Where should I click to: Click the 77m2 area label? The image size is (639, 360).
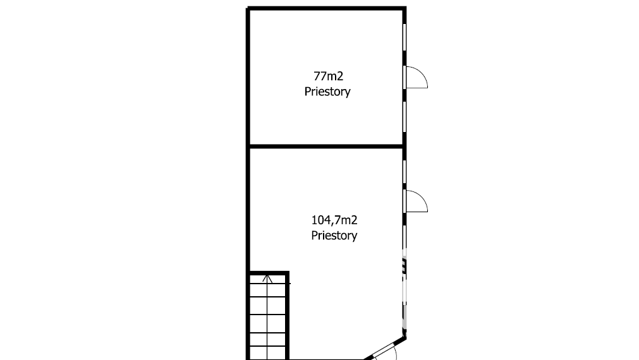(x=329, y=76)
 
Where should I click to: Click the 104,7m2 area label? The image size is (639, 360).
(x=334, y=220)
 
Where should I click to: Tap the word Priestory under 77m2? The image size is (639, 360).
(x=327, y=92)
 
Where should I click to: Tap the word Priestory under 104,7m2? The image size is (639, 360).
(x=334, y=236)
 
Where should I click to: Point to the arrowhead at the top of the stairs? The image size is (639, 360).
(x=267, y=279)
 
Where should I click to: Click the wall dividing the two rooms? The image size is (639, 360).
(x=326, y=146)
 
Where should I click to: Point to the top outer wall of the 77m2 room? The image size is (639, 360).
(x=326, y=8)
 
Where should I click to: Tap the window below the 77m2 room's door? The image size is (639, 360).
(x=405, y=117)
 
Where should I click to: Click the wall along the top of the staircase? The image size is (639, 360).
(x=269, y=273)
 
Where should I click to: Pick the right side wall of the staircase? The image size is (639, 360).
(x=288, y=316)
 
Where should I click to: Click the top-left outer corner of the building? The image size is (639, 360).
(x=246, y=7)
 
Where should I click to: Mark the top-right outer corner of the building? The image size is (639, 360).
(x=406, y=7)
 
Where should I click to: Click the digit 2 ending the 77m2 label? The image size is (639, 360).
(x=340, y=76)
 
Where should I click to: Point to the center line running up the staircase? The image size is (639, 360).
(x=267, y=318)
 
